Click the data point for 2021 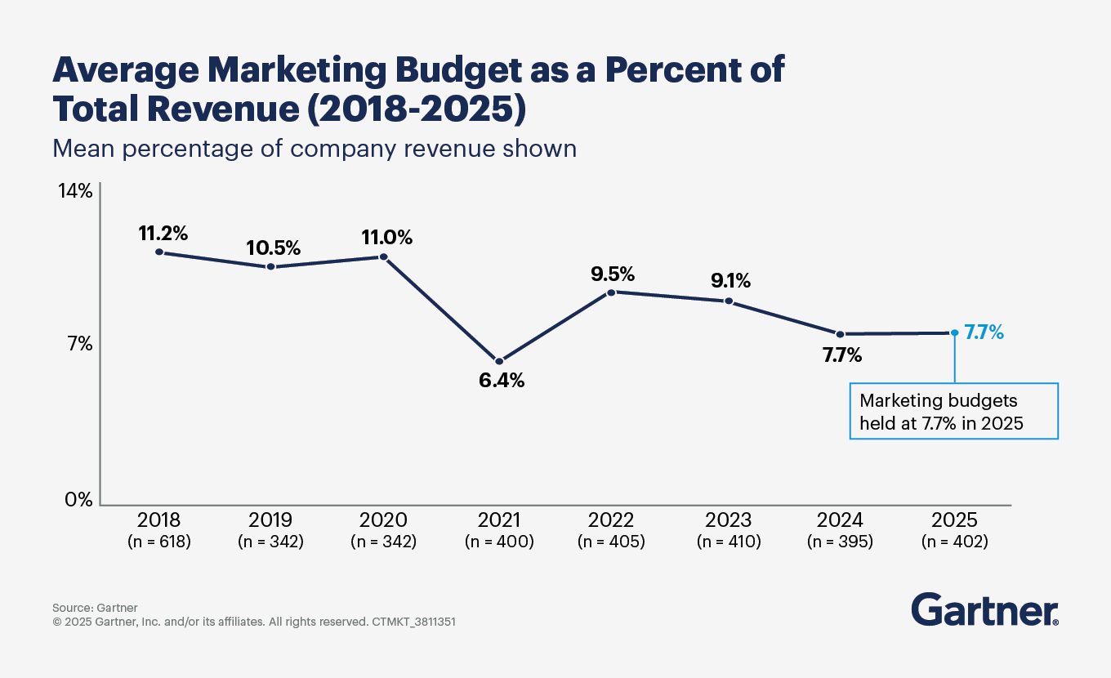(499, 361)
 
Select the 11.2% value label (163, 233)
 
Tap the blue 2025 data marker (954, 332)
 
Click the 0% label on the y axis (79, 499)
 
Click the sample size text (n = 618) (159, 541)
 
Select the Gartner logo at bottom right (984, 609)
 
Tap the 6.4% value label (502, 381)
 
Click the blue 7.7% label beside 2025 (984, 332)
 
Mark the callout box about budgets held (953, 412)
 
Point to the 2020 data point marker (383, 257)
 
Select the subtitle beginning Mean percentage (315, 149)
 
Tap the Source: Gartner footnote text (95, 608)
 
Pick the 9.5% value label (613, 273)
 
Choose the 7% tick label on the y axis (79, 344)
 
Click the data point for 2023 (729, 301)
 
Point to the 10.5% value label (274, 248)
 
